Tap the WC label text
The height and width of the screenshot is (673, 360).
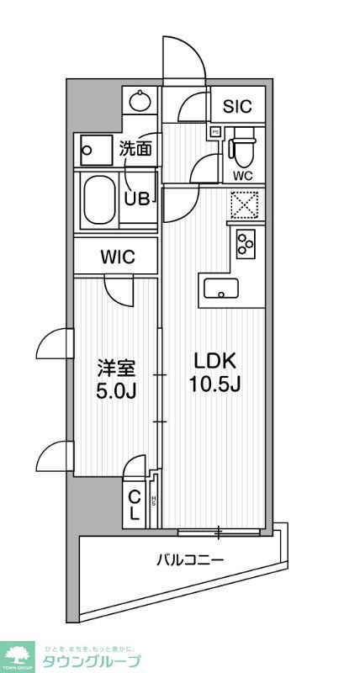click(x=243, y=176)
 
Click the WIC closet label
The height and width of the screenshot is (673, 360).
click(x=116, y=258)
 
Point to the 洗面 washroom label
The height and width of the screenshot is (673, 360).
click(x=135, y=150)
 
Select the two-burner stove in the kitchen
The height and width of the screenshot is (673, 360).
click(x=246, y=244)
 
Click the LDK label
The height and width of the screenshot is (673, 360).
click(x=215, y=361)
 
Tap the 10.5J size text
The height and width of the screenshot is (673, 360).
click(x=215, y=386)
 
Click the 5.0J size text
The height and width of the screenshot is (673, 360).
click(x=115, y=392)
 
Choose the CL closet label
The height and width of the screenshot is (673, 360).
click(x=135, y=505)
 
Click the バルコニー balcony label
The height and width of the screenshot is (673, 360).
click(x=189, y=559)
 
